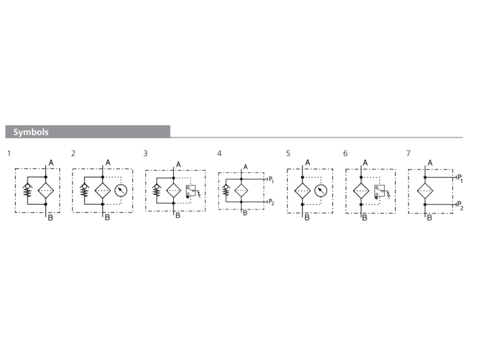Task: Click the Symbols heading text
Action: pyautogui.click(x=31, y=132)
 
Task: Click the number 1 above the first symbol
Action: pyautogui.click(x=9, y=153)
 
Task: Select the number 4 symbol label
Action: pyautogui.click(x=219, y=153)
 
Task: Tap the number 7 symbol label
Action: pyautogui.click(x=409, y=153)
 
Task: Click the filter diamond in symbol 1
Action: pyautogui.click(x=46, y=190)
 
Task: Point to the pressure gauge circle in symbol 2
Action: pyautogui.click(x=121, y=190)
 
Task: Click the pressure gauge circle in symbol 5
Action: pyautogui.click(x=321, y=191)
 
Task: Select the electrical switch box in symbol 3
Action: pyautogui.click(x=191, y=190)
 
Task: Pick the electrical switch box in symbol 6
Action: pyautogui.click(x=379, y=190)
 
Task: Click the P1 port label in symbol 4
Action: pyautogui.click(x=271, y=179)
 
